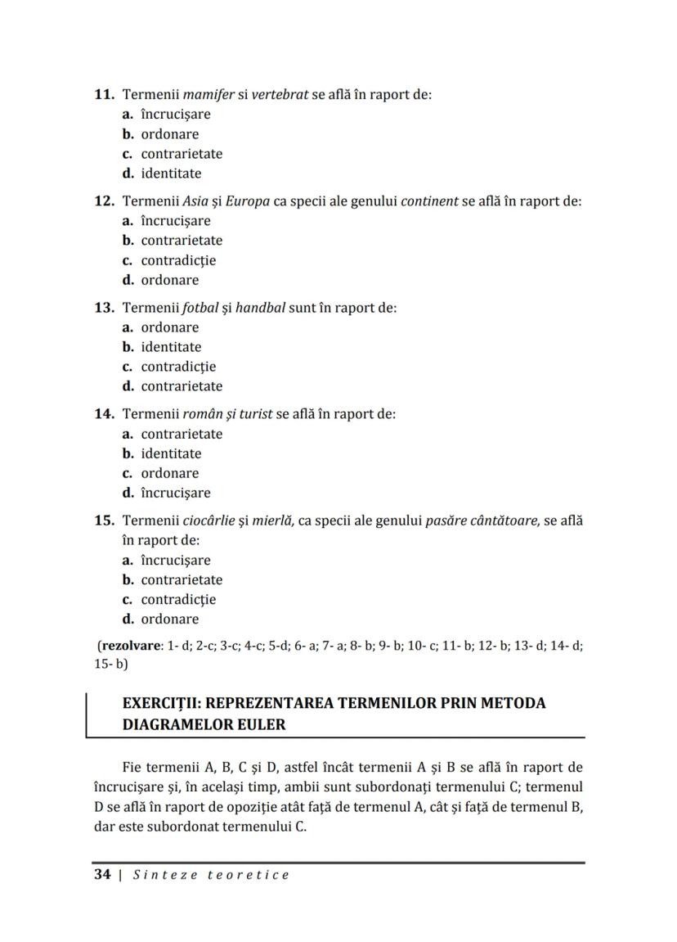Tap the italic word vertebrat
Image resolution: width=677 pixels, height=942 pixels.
(280, 94)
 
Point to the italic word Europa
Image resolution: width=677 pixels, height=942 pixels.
(248, 201)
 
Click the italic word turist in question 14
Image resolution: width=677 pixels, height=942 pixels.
(253, 414)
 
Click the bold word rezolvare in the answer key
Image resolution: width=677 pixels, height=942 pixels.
(131, 646)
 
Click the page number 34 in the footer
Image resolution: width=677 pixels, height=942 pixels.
(102, 875)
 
